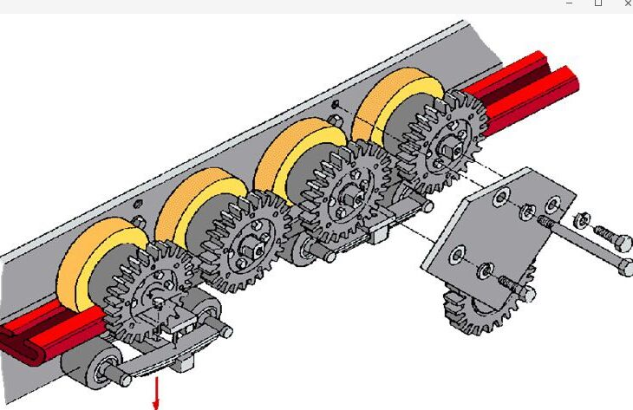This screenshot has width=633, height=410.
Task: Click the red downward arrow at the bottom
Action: click(x=156, y=394)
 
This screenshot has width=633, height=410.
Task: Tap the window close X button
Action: click(x=627, y=4)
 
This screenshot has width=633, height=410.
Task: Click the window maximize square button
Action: click(x=597, y=4)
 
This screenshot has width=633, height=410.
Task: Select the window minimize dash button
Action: click(x=570, y=4)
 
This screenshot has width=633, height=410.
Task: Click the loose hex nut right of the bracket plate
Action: click(x=584, y=218)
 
